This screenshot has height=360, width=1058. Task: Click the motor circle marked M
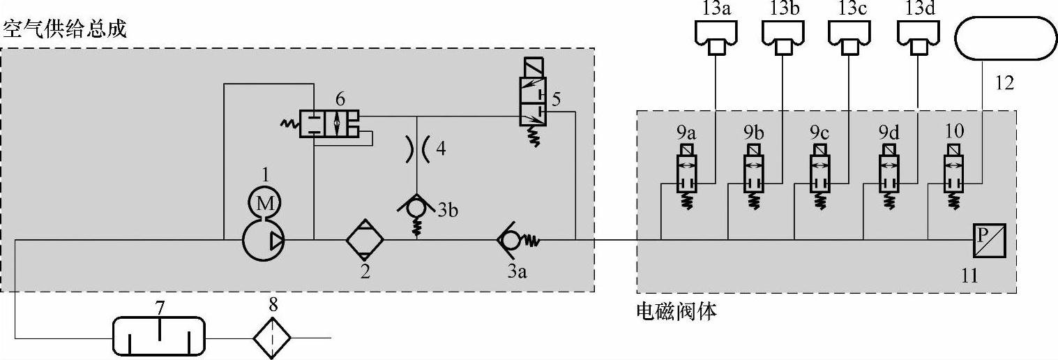click(264, 204)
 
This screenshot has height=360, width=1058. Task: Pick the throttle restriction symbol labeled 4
click(417, 149)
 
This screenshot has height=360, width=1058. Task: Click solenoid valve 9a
click(687, 174)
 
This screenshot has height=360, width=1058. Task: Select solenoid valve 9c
click(821, 174)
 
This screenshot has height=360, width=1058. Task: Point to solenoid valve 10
click(955, 174)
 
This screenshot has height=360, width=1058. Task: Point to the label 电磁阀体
click(677, 310)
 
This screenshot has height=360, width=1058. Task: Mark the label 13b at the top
click(784, 9)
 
